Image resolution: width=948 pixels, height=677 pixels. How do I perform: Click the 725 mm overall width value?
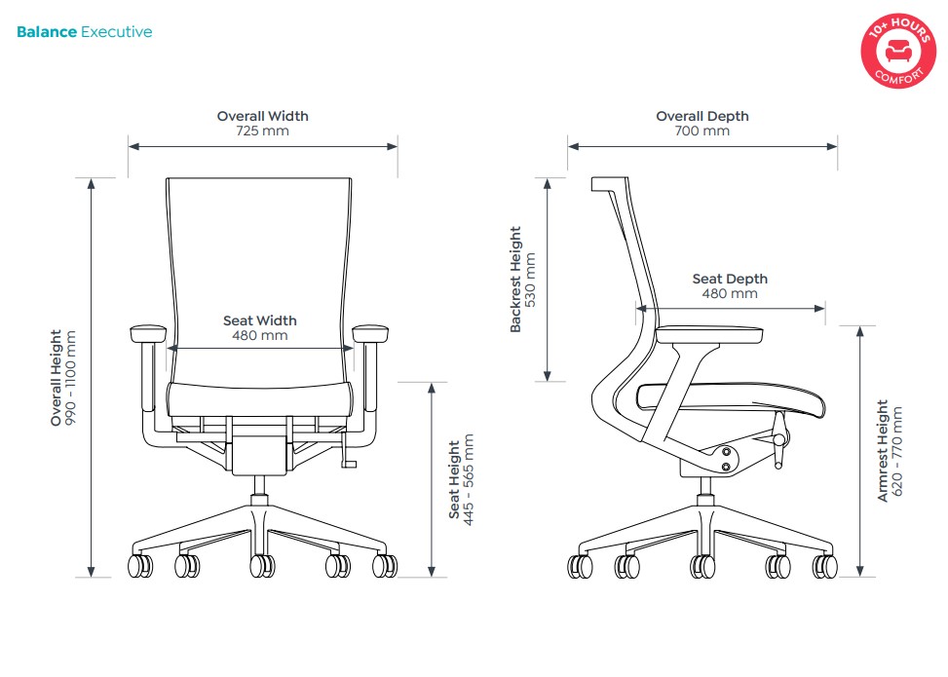click(262, 131)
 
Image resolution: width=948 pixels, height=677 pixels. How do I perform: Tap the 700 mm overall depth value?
click(702, 131)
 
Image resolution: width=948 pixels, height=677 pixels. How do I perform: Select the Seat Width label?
click(260, 320)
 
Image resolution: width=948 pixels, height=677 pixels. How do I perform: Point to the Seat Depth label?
click(730, 279)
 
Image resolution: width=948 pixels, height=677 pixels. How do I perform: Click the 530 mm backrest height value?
click(531, 280)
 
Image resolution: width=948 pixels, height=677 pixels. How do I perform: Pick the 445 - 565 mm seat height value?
click(469, 480)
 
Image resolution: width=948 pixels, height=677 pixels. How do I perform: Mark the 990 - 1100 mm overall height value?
click(71, 378)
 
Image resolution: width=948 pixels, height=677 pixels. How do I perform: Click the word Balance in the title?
click(47, 32)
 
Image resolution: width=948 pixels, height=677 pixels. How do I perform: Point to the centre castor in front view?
click(261, 565)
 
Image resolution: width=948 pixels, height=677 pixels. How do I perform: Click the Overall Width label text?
click(262, 116)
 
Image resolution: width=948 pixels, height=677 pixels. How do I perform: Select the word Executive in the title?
click(116, 32)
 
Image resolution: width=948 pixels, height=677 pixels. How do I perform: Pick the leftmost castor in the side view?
click(582, 565)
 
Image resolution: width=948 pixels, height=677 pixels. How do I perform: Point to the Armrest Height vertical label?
click(883, 450)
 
